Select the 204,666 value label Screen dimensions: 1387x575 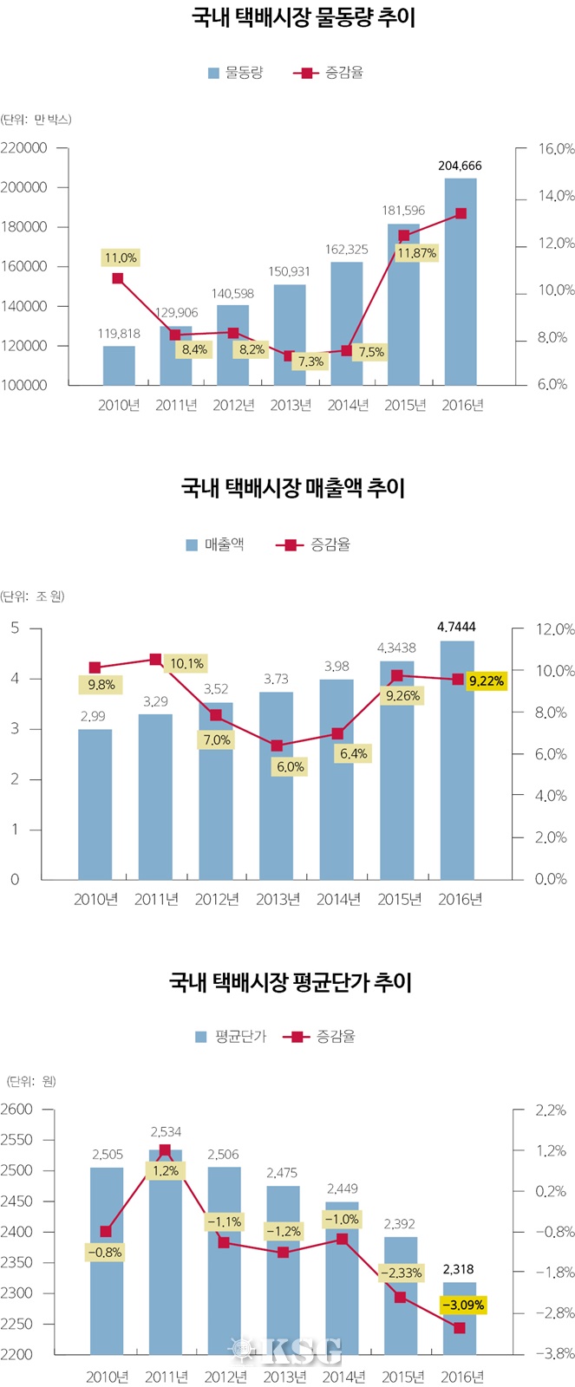point(460,166)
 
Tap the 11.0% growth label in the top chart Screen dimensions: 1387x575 point(121,257)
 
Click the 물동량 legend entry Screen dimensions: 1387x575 point(235,73)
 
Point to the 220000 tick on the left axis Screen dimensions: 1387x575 point(24,148)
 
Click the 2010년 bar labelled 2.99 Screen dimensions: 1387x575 point(95,804)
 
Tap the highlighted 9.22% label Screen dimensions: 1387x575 point(486,681)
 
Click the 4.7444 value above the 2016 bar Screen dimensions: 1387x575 point(456,627)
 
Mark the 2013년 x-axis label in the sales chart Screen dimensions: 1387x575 point(278,900)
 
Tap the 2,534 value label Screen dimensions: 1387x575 point(166,1131)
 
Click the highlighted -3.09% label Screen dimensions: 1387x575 point(462,1305)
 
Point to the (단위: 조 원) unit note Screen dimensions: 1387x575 point(33,596)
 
